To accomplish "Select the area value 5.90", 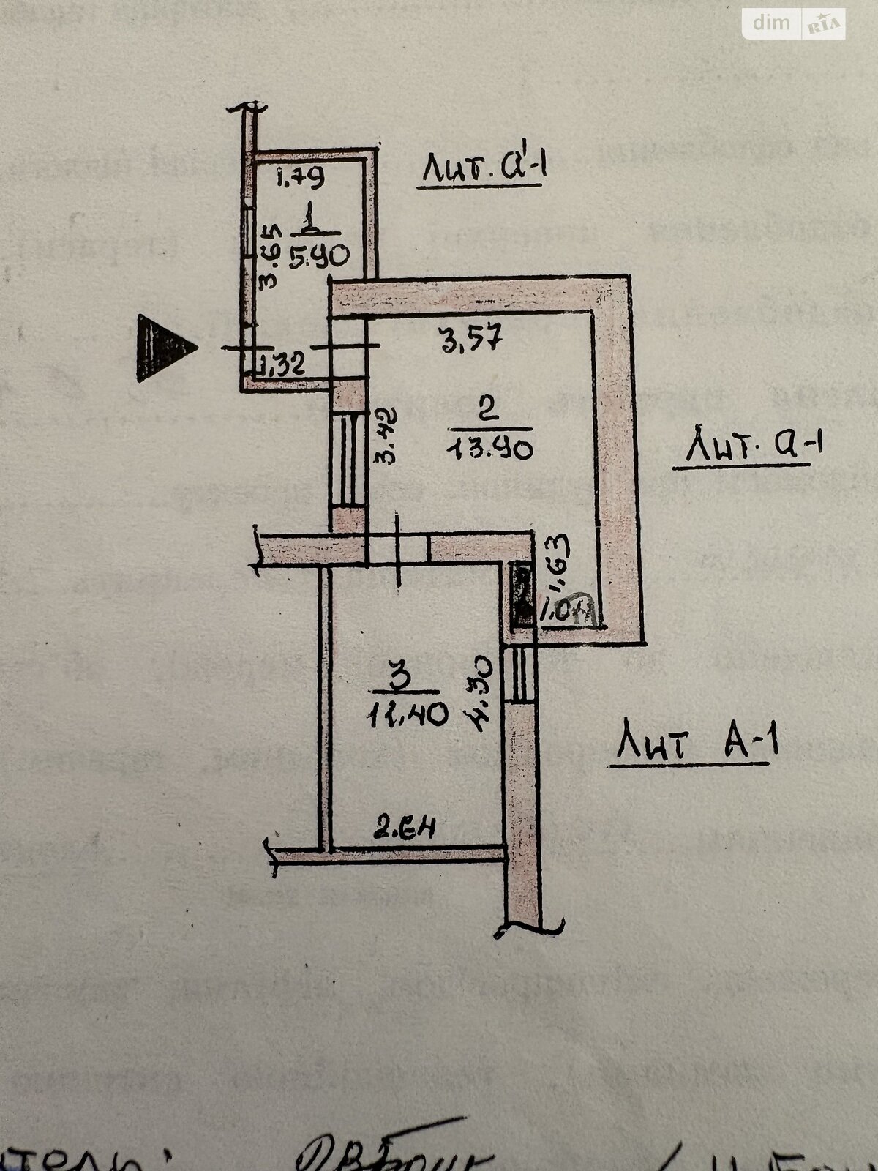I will (x=318, y=256).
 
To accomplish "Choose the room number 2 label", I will (x=487, y=408).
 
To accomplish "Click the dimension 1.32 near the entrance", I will (x=282, y=364).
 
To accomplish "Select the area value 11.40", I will (x=408, y=714).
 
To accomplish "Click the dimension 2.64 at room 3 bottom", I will (x=405, y=829).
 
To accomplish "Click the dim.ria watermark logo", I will (x=795, y=24).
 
